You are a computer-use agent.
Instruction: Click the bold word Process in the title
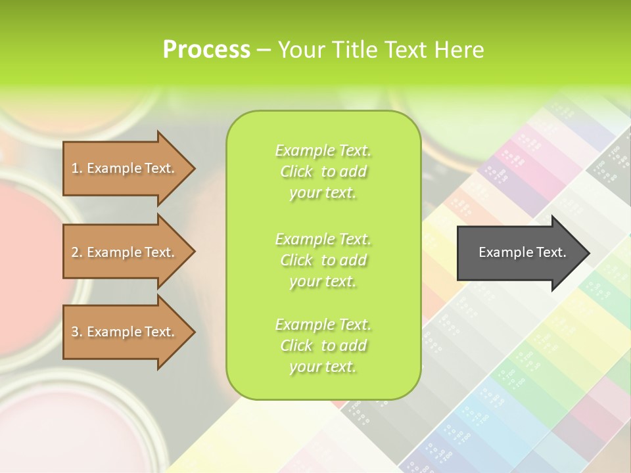click(206, 50)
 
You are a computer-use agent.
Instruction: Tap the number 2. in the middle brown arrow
click(77, 252)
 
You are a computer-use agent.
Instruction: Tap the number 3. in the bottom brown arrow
click(77, 332)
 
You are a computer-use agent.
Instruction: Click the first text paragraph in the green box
click(323, 171)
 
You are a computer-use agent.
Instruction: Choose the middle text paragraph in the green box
click(323, 259)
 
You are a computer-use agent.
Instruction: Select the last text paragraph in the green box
click(323, 346)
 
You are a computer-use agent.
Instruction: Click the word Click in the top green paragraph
click(296, 171)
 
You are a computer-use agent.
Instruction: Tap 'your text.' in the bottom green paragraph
click(323, 367)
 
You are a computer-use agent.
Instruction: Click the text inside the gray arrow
click(523, 252)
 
